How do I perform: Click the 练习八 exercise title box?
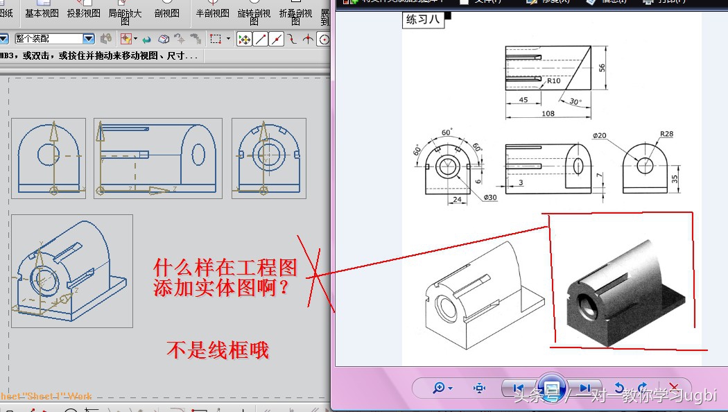pos(423,19)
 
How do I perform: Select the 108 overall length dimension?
pos(548,113)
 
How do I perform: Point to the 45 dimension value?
pos(523,100)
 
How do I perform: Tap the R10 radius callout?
pos(553,80)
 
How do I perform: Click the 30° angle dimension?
pos(575,101)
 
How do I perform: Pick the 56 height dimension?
pos(602,67)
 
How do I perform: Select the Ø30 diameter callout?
pos(490,198)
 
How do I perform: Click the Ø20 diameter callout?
pos(599,135)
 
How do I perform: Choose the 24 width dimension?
pos(457,200)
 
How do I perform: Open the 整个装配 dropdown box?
pos(54,39)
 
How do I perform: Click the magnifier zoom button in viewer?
pos(442,388)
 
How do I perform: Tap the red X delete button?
pos(673,388)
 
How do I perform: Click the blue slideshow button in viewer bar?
pos(551,388)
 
